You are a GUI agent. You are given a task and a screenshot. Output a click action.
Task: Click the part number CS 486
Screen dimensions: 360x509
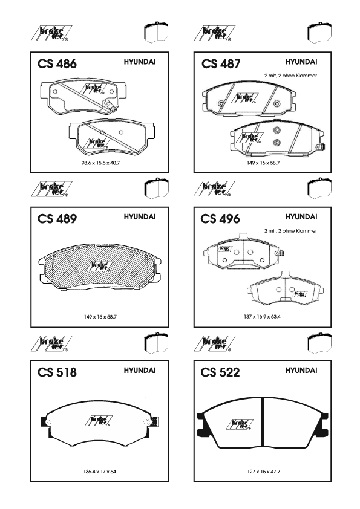57,63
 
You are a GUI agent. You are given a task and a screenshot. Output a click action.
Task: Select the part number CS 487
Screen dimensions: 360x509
221,63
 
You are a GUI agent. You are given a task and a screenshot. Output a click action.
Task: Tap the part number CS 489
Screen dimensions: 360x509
57,219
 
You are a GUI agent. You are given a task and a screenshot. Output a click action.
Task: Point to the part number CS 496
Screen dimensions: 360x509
220,219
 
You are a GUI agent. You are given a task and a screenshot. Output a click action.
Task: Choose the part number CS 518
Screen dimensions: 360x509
57,372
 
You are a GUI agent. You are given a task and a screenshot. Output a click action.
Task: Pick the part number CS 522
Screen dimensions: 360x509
220,372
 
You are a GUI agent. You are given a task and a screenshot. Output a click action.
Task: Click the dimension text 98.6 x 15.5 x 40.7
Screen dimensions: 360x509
100,163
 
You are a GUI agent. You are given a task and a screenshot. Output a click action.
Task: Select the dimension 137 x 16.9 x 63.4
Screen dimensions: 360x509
262,317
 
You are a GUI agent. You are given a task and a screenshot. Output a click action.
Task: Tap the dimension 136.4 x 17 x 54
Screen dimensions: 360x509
99,472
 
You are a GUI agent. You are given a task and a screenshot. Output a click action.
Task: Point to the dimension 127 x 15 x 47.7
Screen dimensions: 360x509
264,472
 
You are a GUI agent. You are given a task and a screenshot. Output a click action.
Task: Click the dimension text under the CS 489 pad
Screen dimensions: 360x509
100,317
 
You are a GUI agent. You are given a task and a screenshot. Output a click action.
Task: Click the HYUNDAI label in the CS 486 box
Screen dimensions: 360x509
140,62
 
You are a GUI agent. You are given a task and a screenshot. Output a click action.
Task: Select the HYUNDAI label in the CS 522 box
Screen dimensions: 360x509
301,371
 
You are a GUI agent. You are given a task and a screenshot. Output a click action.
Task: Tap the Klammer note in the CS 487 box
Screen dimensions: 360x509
290,76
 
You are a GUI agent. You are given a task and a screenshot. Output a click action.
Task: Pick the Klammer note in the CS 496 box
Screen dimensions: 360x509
290,231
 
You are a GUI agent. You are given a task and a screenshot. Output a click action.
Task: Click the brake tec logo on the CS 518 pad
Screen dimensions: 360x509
99,421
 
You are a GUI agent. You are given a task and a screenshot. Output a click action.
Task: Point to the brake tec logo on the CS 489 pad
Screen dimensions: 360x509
99,266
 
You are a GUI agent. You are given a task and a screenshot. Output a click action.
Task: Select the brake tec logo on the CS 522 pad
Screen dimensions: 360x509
240,424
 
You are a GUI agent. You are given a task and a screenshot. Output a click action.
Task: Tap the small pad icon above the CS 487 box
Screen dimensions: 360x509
319,33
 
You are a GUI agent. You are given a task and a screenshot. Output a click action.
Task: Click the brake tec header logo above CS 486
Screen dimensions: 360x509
51,33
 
